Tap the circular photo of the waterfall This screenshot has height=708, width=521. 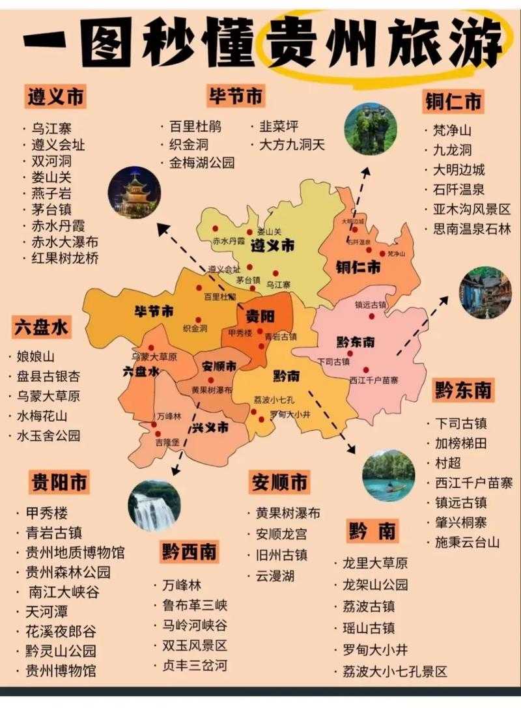pos(154,506)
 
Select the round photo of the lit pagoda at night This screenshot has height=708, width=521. pos(135,192)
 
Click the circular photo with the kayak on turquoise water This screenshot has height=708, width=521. pos(388,475)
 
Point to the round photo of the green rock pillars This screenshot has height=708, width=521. pos(371,128)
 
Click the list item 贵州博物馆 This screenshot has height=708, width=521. pos(60,670)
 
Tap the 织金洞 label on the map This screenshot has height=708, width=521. pos(195,328)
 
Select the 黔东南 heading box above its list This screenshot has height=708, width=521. pos(463,391)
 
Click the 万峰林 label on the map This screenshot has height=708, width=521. pos(168,416)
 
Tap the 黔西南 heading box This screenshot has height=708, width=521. pos(190,552)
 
